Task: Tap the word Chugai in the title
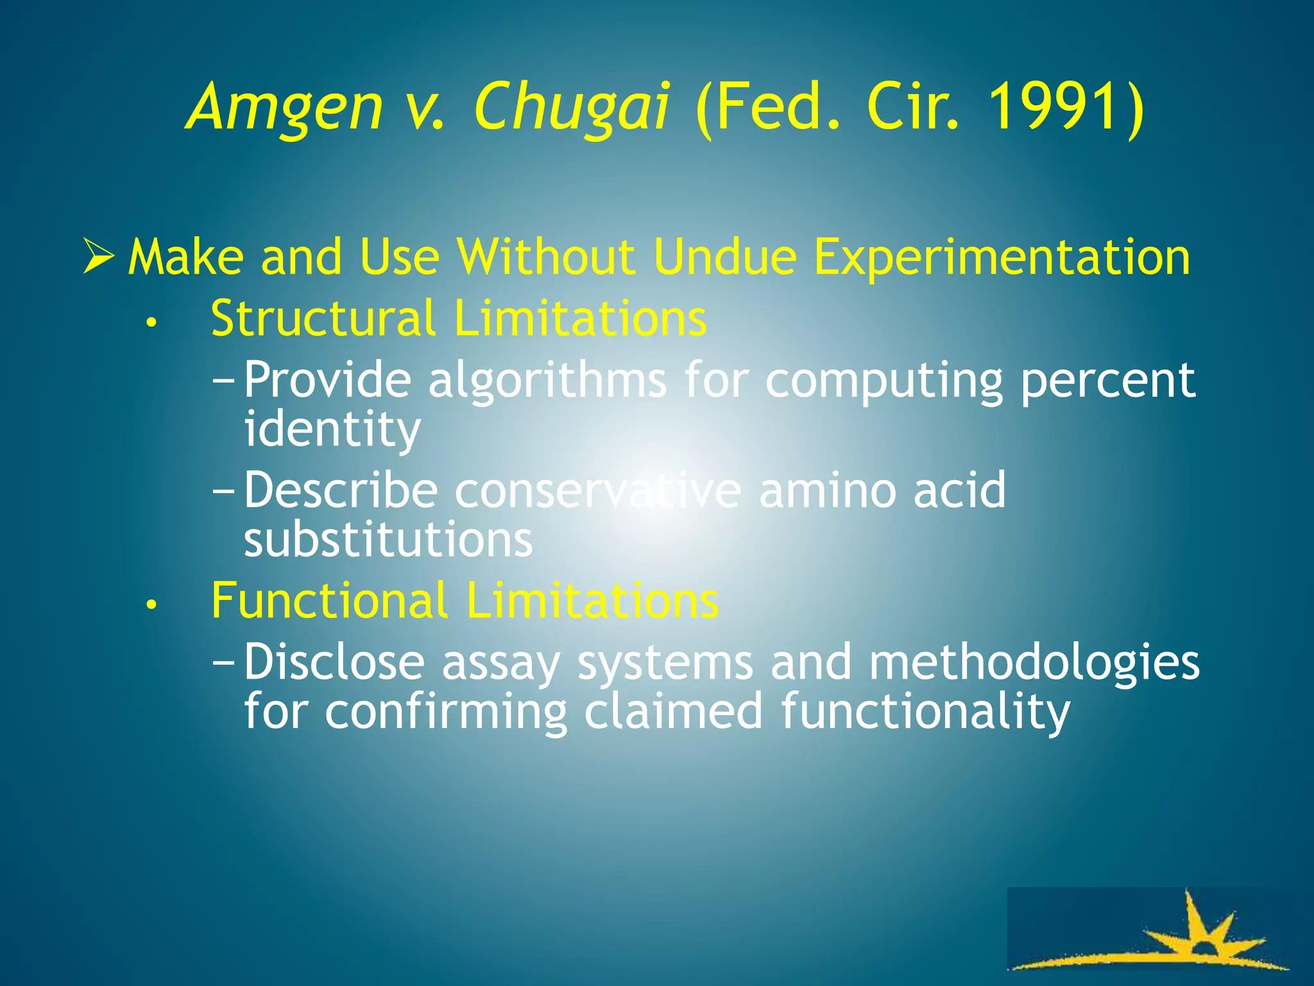(572, 108)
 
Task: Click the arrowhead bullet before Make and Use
(99, 257)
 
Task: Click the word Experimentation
(1002, 258)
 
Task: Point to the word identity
(332, 429)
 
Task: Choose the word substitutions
(388, 539)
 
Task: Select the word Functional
(329, 600)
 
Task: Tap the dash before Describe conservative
(225, 491)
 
